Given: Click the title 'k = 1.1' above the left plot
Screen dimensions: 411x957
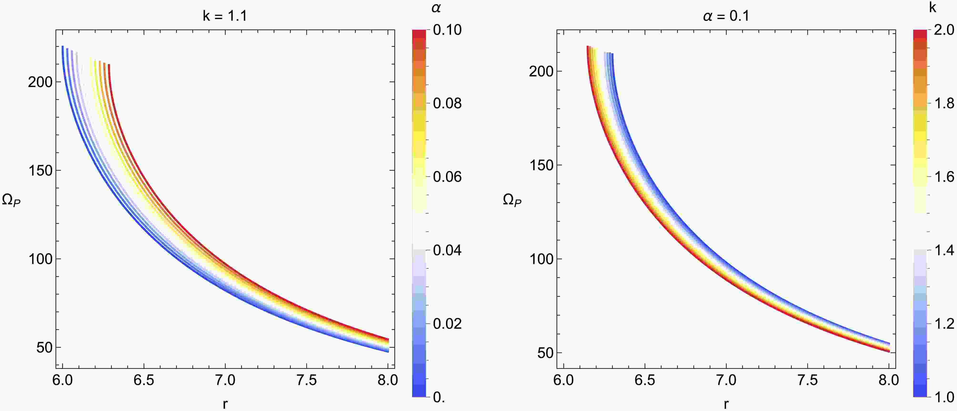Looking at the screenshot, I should point(225,16).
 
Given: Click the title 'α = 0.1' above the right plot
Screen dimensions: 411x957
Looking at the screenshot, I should point(726,16).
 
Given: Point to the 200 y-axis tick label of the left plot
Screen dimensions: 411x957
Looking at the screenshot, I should point(40,82).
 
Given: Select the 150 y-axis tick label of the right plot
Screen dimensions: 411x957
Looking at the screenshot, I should point(541,165).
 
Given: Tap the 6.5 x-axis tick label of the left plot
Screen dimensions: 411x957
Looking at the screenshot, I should point(144,380).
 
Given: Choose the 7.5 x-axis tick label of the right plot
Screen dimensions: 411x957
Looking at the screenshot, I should point(807,380).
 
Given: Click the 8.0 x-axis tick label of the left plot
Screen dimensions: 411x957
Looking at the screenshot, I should point(388,380).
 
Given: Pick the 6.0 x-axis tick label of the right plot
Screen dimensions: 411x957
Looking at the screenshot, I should point(564,380).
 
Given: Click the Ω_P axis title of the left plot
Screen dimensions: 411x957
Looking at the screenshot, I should point(11,201).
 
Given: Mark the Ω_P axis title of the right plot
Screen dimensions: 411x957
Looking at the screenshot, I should point(512,201).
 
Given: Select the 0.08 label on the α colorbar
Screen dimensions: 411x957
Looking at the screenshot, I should point(447,103).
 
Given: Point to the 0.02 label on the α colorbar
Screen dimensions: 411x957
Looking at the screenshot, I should point(447,324).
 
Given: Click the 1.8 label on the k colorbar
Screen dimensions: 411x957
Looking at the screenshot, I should point(944,103).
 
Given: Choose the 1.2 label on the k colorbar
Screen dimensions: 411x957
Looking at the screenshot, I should point(944,324).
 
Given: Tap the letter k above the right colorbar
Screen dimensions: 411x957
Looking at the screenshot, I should point(932,7).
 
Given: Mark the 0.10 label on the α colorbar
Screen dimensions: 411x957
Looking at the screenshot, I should point(447,30).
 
